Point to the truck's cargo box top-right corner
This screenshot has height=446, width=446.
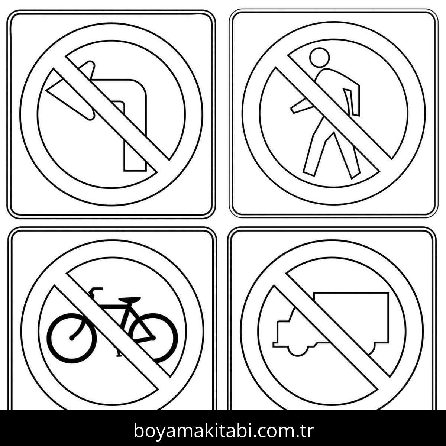click(388, 293)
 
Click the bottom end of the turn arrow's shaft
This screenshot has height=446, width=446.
click(135, 171)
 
